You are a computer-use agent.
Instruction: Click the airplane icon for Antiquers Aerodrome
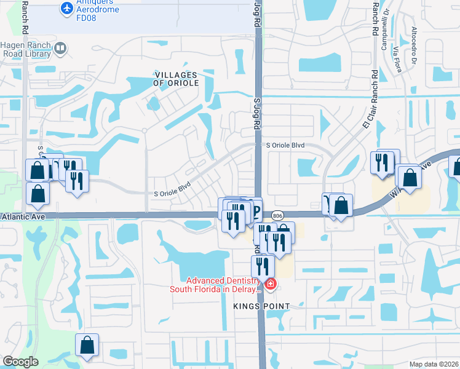pyautogui.click(x=66, y=9)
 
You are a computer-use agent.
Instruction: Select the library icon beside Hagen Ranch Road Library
pyautogui.click(x=60, y=48)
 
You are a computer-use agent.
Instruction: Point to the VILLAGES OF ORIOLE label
pyautogui.click(x=176, y=78)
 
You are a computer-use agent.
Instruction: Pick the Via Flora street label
pyautogui.click(x=397, y=59)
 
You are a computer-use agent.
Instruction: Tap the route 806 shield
pyautogui.click(x=277, y=215)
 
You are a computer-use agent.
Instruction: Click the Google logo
pyautogui.click(x=20, y=362)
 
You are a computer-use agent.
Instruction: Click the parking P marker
pyautogui.click(x=255, y=210)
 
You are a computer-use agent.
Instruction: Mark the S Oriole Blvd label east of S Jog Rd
pyautogui.click(x=285, y=145)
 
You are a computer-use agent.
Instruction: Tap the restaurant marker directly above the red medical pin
pyautogui.click(x=263, y=266)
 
